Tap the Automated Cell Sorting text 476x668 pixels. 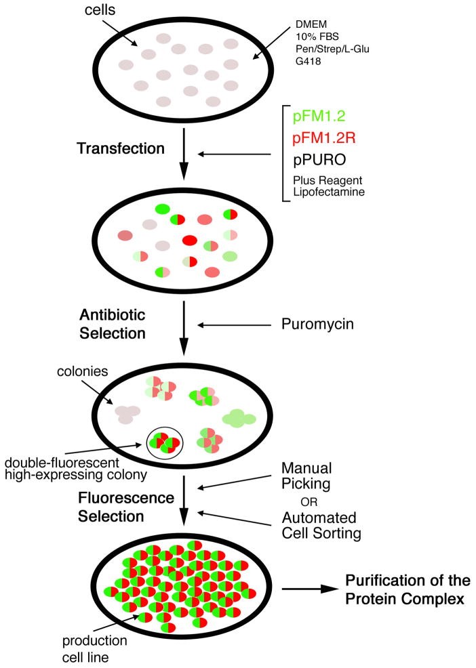pos(319,526)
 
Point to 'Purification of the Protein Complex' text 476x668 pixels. pos(408,589)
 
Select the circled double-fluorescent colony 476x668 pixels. pos(166,444)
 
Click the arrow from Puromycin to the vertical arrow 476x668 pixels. pos(235,326)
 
